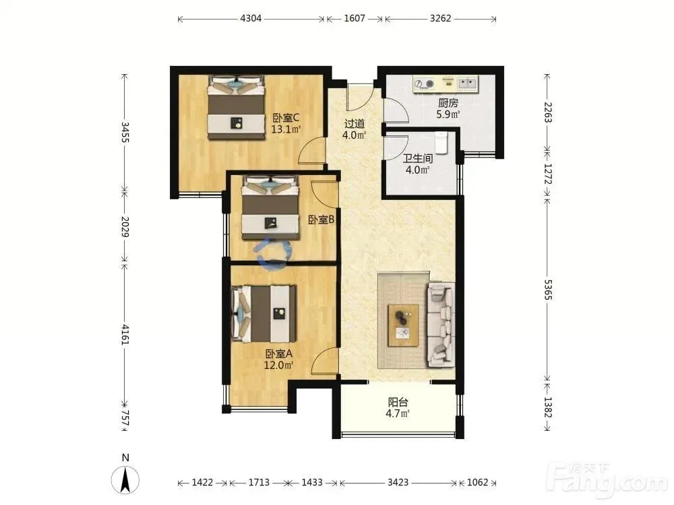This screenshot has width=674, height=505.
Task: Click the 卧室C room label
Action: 286,118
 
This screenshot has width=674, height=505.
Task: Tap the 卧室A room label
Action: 278,354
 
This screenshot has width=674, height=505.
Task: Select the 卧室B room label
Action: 321,220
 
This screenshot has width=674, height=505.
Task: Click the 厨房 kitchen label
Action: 448,103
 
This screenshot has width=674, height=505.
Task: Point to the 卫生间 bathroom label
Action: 417,158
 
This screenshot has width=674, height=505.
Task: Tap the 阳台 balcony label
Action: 398,403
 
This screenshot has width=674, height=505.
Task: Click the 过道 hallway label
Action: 355,124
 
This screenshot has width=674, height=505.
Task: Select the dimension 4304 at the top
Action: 251,18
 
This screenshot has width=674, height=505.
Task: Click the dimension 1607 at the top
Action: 355,18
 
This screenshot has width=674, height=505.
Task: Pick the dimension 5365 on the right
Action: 548,290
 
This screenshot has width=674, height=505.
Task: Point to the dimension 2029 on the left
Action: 125,227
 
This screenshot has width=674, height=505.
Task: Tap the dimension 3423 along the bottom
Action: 398,482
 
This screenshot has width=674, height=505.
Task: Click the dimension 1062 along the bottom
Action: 478,482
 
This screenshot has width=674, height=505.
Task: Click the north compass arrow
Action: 125,480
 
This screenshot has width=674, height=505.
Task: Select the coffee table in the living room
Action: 403,325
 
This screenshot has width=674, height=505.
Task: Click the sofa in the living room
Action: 441,325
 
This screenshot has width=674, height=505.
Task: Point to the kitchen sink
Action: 467,83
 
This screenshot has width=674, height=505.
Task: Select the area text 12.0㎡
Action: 278,366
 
